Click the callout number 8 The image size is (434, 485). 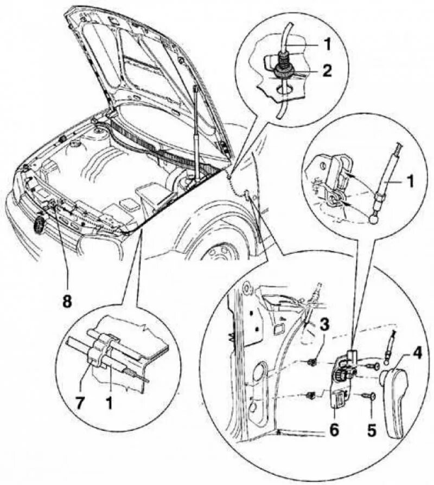(66, 302)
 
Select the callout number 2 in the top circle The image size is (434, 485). (327, 70)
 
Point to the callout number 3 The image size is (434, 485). (324, 326)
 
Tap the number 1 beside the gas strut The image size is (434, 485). (410, 182)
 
